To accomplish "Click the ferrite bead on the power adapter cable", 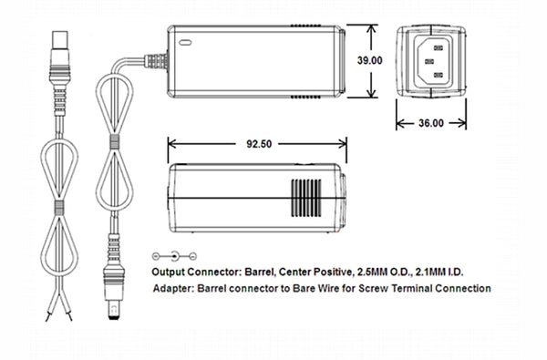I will pos(114,146).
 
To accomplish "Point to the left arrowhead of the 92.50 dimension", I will pos(170,142).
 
